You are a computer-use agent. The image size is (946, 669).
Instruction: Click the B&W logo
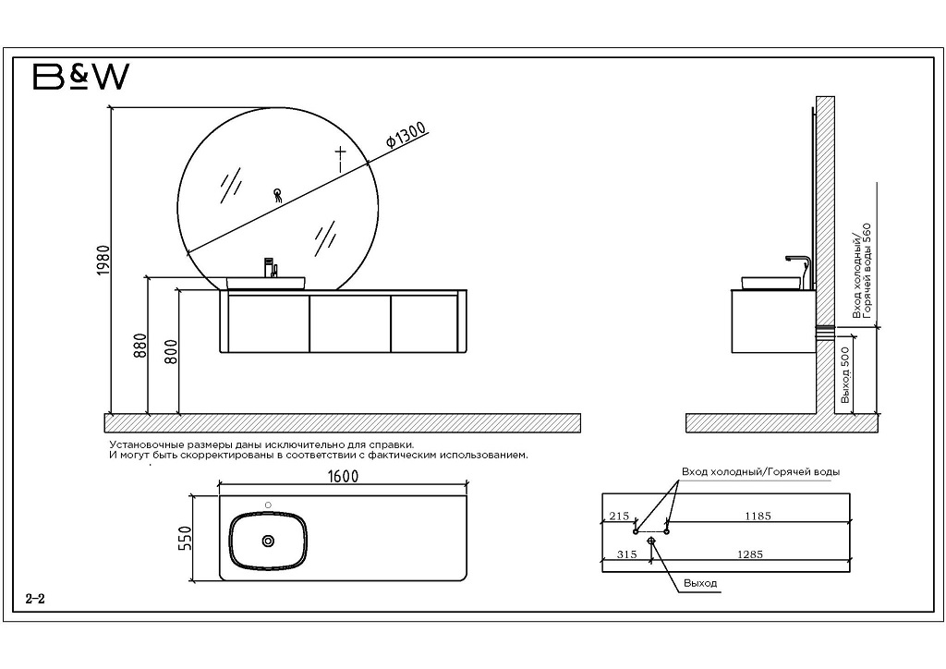[x=80, y=78]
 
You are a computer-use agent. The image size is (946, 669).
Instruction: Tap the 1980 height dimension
[x=103, y=260]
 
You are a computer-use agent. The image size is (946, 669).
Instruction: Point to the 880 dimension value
[x=140, y=347]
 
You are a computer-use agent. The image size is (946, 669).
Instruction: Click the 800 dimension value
[x=171, y=352]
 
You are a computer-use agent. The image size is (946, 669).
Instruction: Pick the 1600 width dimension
[x=343, y=475]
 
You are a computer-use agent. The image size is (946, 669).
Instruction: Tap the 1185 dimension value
[x=757, y=516]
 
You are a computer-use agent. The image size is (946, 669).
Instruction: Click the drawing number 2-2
[x=35, y=599]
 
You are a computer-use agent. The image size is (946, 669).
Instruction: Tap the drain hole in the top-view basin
[x=269, y=540]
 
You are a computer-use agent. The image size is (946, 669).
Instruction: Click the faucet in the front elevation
[x=271, y=267]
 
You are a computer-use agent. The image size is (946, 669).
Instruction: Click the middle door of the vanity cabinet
[x=349, y=322]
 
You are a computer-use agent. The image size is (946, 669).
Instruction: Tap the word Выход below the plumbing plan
[x=700, y=583]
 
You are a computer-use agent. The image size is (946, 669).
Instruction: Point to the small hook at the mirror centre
[x=276, y=194]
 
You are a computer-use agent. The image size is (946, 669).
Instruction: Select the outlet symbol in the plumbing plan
[x=652, y=539]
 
